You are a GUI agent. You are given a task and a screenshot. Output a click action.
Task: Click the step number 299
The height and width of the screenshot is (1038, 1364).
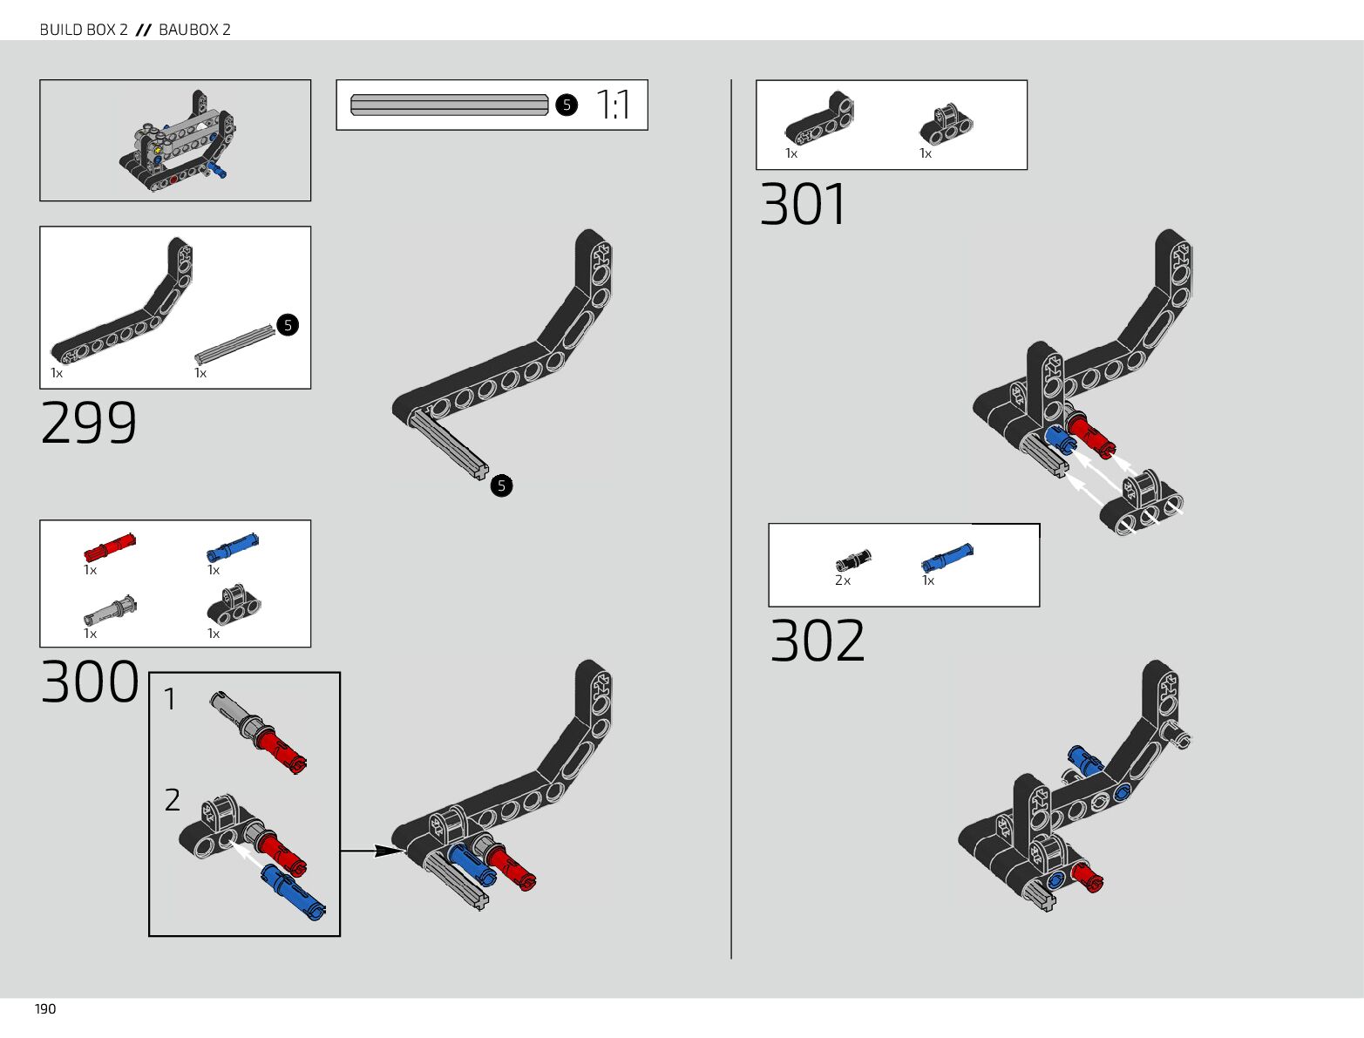click(89, 424)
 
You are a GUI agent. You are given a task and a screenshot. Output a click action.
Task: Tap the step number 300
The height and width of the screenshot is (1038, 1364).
click(90, 682)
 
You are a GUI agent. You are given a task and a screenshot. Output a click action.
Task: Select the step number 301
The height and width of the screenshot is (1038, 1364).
click(803, 205)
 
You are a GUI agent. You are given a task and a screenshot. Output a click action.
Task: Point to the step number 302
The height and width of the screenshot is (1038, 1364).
click(818, 641)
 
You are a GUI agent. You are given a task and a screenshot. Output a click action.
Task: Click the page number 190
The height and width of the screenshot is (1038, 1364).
click(45, 1009)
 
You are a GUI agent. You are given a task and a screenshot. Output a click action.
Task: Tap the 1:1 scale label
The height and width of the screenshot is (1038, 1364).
click(614, 105)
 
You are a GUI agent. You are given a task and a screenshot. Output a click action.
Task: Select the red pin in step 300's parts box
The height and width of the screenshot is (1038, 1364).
click(110, 546)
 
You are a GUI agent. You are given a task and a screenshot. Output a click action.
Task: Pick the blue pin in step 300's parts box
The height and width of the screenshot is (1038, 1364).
click(233, 547)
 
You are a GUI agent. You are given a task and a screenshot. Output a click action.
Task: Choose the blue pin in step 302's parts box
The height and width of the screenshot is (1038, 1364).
click(947, 557)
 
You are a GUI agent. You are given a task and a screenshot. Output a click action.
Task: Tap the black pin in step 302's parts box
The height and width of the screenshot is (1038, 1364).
click(853, 560)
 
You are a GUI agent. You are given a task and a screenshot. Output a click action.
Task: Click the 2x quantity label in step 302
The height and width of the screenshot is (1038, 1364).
click(843, 580)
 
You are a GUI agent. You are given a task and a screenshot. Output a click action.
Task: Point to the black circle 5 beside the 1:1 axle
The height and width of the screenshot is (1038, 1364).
click(567, 105)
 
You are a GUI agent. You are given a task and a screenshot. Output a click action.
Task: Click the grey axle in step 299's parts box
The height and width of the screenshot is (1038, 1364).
click(234, 345)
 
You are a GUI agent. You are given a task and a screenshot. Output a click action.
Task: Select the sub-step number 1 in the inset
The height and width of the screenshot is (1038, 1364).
click(170, 699)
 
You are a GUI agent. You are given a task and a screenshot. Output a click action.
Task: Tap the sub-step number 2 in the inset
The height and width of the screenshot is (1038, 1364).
click(173, 799)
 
